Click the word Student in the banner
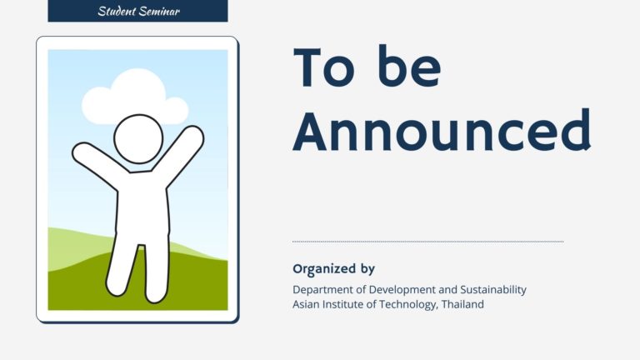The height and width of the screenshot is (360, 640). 117,11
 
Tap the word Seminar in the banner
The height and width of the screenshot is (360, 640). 159,11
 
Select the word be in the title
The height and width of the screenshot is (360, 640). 409,66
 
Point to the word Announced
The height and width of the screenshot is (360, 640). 442,130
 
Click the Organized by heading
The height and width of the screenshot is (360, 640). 333,268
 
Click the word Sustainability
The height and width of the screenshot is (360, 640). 493,290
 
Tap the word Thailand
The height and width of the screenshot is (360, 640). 462,304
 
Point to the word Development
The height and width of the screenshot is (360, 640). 397,290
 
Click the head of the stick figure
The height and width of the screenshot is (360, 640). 139,139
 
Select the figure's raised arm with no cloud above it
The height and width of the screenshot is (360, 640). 100,163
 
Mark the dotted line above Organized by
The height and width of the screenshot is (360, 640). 427,242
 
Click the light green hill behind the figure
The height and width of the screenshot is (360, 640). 77,249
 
